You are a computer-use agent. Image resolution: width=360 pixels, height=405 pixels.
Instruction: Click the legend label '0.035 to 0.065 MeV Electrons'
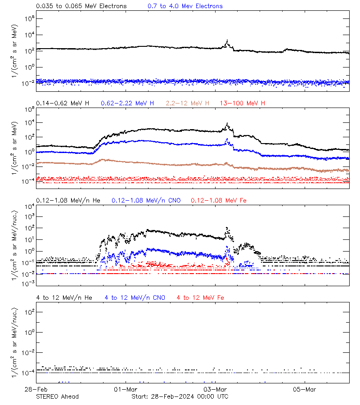pyautogui.click(x=81, y=6)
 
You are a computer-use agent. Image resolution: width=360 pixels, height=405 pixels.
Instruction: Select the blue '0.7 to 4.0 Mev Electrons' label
pyautogui.click(x=185, y=6)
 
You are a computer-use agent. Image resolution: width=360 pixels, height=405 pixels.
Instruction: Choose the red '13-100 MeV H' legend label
pyautogui.click(x=243, y=103)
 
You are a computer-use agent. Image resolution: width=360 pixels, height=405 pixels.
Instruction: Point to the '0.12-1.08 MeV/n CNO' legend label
pyautogui.click(x=146, y=200)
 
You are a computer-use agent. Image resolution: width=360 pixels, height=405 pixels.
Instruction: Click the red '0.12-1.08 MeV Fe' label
pyautogui.click(x=218, y=200)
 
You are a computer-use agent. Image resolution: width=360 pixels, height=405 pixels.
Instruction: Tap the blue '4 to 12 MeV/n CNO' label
pyautogui.click(x=135, y=297)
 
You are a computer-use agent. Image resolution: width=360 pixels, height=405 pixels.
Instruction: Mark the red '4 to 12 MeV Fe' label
pyautogui.click(x=200, y=297)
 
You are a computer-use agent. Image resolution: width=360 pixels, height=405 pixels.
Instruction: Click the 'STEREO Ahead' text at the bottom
pyautogui.click(x=57, y=396)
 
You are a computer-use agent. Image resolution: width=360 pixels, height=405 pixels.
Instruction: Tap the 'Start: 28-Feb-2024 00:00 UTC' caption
pyautogui.click(x=180, y=396)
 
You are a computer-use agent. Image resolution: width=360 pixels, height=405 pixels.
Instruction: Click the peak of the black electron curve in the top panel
pyautogui.click(x=228, y=40)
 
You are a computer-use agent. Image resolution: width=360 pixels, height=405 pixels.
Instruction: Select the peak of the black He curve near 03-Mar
pyautogui.click(x=227, y=228)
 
